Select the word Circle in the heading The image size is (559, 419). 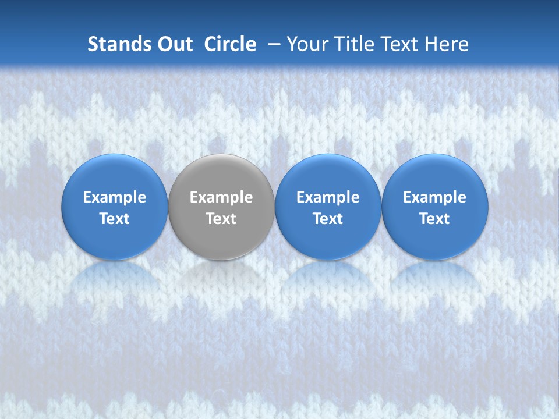(230, 44)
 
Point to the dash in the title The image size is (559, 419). (274, 44)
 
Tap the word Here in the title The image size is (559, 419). (447, 44)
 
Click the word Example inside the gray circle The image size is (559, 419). (221, 197)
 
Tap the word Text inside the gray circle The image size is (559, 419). (221, 219)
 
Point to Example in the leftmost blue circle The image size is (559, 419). (114, 197)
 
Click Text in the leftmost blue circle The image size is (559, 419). (114, 219)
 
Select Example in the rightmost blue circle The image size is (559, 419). (434, 197)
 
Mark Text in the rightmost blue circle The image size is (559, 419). (434, 219)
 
